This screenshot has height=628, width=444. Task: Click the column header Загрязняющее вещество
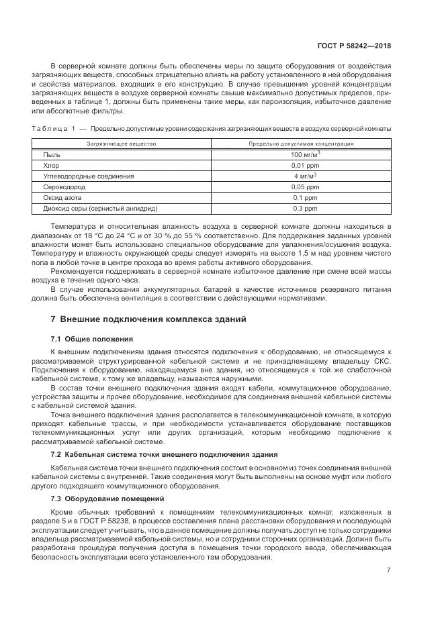coord(121,144)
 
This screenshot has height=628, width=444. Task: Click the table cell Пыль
coord(51,154)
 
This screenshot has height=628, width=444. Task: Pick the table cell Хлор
coord(52,165)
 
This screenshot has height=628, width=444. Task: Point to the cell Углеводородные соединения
coord(79,176)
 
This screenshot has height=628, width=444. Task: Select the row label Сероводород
coord(63,187)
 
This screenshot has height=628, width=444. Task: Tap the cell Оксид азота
coord(62,198)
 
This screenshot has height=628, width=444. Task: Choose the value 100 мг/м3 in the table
coord(305,154)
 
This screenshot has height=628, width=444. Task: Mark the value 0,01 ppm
coord(305,165)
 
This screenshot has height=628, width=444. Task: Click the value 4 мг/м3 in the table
coord(305,176)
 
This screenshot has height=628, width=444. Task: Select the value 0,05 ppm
coord(305,187)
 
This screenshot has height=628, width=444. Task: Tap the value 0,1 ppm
coord(305,198)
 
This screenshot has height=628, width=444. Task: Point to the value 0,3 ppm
coord(305,209)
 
